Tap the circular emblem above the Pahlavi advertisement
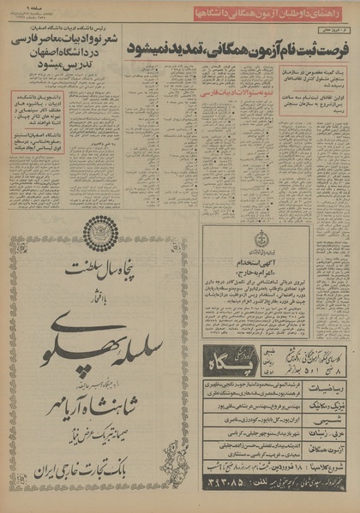coord(101,233)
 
